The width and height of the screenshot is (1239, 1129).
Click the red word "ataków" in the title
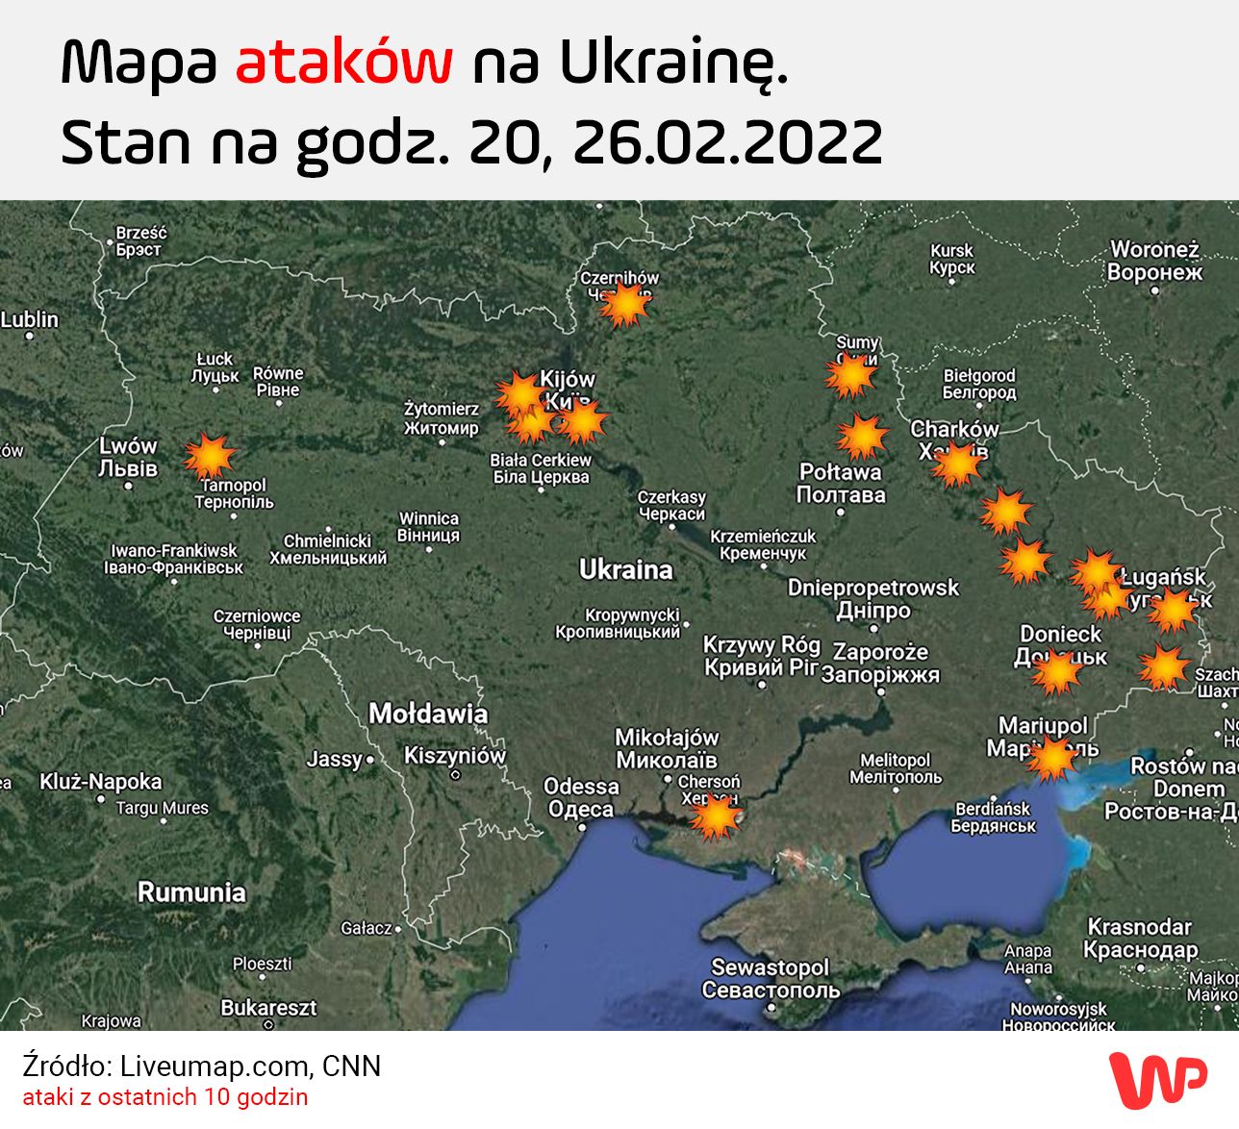point(343,63)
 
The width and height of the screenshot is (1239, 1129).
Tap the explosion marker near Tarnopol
point(209,456)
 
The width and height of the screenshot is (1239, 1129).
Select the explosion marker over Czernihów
point(625,305)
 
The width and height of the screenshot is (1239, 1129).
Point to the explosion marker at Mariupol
point(1050,758)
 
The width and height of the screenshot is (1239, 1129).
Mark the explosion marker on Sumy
point(850,375)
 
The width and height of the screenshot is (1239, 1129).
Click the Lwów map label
point(128,457)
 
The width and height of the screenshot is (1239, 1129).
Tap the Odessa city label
point(581,797)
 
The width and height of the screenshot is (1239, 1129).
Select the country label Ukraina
point(625,569)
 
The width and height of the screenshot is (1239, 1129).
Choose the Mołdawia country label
point(428,714)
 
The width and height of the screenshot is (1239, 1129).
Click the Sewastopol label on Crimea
point(771,978)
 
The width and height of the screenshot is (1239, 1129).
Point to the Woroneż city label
point(1154,261)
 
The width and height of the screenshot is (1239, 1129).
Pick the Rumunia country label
point(191,891)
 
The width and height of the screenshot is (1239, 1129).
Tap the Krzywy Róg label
point(762,655)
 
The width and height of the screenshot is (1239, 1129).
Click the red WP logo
point(1157,1078)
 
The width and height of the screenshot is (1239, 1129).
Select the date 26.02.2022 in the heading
point(727,142)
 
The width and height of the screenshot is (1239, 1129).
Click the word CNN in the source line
point(352,1066)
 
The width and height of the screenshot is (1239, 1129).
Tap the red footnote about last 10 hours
point(165,1097)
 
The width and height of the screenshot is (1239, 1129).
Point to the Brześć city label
point(140,240)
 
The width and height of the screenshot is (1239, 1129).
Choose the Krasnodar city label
point(1140,938)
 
